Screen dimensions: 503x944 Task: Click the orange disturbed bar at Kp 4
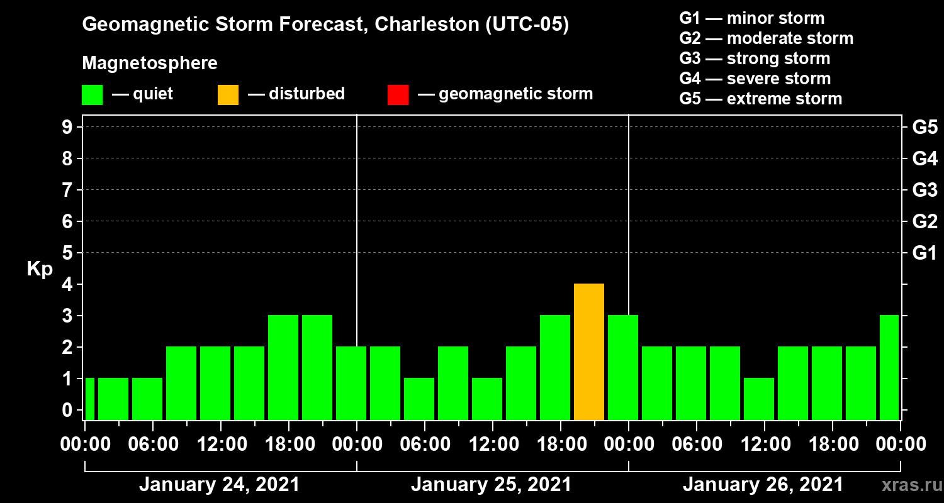[589, 351]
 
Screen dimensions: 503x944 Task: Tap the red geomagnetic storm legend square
[398, 95]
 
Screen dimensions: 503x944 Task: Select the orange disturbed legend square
[228, 95]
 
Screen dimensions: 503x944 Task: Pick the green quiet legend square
[92, 95]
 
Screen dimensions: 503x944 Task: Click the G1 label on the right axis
[924, 253]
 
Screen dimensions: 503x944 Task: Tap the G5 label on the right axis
[924, 128]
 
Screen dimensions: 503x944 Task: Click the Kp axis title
[40, 269]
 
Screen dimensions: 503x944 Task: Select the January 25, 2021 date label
[491, 485]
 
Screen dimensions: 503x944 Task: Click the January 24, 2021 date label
[219, 485]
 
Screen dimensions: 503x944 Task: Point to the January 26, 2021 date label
[763, 485]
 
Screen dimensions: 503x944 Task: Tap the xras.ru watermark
[907, 485]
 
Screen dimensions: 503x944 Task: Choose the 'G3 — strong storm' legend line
[755, 58]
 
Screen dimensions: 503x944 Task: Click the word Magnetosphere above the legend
[150, 64]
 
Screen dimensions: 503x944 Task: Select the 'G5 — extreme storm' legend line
[760, 99]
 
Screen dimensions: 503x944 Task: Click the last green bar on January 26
[889, 367]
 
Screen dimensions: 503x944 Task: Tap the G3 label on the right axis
[924, 191]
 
